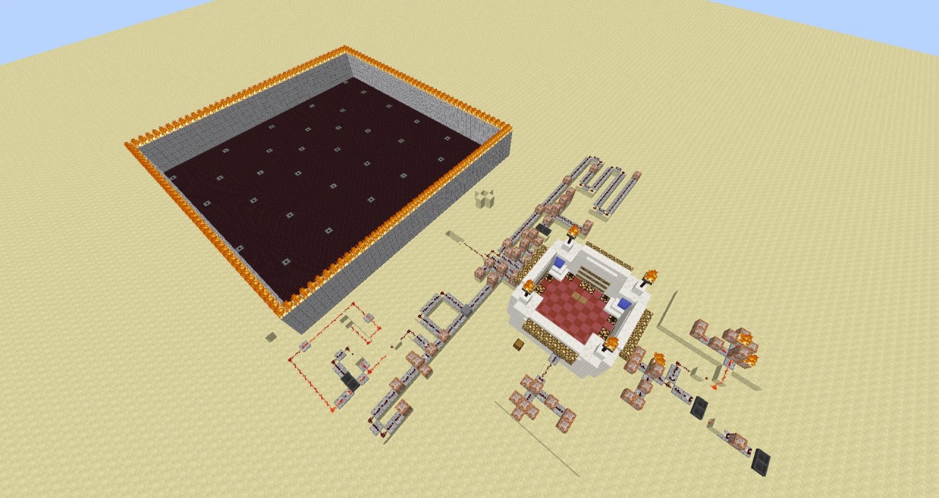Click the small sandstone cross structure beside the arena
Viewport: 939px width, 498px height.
(484, 198)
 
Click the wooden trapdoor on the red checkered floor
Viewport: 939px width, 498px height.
(586, 297)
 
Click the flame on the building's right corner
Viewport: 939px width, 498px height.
(648, 277)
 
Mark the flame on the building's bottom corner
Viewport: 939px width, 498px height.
(610, 342)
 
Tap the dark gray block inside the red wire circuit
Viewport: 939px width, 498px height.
(351, 383)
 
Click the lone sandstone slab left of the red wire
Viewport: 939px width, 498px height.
(271, 337)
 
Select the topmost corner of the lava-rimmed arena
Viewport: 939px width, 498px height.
(345, 50)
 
